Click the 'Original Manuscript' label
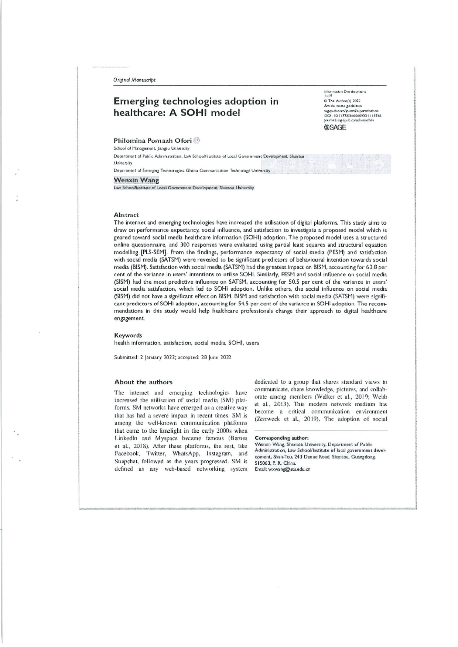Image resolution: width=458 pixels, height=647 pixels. [134, 80]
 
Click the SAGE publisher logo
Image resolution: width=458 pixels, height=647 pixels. [335, 128]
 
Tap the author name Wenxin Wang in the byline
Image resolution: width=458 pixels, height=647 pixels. [136, 180]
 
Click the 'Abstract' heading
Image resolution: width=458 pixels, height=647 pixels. [126, 215]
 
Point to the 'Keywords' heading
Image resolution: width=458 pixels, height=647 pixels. [128, 335]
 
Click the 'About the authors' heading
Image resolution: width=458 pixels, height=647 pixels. [143, 382]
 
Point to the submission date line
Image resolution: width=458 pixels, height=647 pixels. [173, 357]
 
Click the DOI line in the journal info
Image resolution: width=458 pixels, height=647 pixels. [352, 115]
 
